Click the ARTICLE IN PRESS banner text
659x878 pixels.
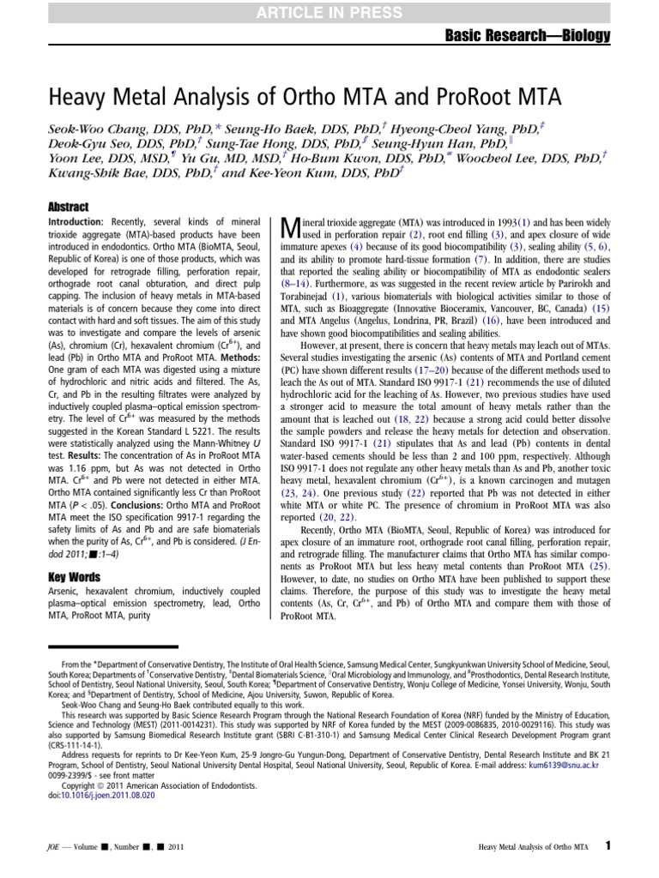(x=329, y=10)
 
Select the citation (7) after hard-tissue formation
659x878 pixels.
(x=481, y=257)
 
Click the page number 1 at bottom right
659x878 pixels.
(x=608, y=845)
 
